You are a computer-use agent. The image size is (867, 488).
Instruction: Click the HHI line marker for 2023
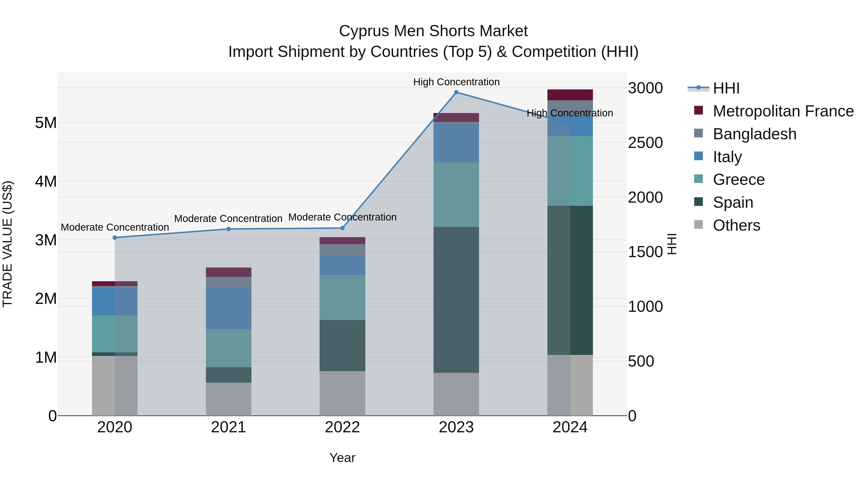(456, 92)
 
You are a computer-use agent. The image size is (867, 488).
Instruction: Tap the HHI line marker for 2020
(115, 237)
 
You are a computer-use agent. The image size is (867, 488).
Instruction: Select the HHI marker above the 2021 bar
(229, 229)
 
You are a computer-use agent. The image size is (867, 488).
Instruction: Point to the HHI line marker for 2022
(342, 228)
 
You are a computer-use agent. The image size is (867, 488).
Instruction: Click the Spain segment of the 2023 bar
(456, 300)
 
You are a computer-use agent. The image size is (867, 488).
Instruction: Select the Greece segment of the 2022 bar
(342, 297)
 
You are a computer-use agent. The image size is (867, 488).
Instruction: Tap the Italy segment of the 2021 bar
(229, 308)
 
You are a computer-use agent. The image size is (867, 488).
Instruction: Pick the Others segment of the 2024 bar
(570, 385)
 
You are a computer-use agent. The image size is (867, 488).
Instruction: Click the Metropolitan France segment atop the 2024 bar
(570, 95)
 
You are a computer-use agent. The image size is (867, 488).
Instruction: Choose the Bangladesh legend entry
(754, 134)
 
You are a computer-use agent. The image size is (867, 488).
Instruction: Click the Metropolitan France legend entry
(783, 111)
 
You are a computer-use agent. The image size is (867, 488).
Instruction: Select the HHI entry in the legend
(726, 88)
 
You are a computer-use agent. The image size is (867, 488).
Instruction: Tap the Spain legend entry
(733, 202)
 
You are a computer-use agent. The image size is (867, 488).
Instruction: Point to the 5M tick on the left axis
(46, 123)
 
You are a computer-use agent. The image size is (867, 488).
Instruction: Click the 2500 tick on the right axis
(645, 143)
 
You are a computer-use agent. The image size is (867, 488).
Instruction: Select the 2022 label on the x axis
(342, 427)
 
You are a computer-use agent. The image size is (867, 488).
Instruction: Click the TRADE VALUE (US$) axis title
(8, 244)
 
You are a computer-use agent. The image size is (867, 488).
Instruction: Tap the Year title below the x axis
(342, 458)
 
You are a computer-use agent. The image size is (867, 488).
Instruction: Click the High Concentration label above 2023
(456, 82)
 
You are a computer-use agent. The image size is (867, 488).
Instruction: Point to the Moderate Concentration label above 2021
(228, 219)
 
